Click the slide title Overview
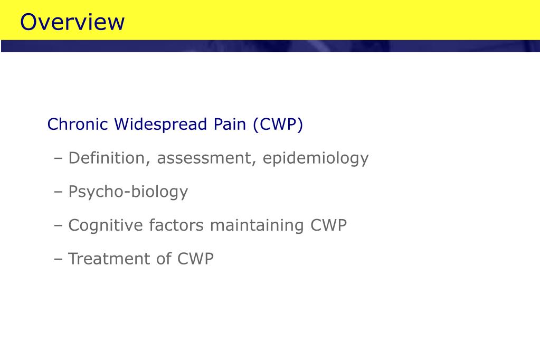point(72,22)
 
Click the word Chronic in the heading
point(78,125)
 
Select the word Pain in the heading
point(230,125)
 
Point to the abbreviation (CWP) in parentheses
point(278,125)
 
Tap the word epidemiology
point(316,158)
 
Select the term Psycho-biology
point(128,192)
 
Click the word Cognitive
point(106,225)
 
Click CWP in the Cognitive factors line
point(328,225)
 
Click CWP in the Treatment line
point(195,259)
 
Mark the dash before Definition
point(58,158)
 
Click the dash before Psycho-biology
point(58,192)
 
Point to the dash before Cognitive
point(58,226)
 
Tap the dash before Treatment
point(58,259)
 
